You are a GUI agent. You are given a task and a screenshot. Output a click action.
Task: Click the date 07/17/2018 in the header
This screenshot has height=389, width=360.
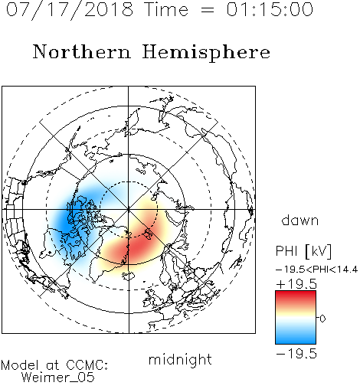coord(70,10)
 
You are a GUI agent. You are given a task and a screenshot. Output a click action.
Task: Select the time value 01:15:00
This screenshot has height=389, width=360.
coord(270,9)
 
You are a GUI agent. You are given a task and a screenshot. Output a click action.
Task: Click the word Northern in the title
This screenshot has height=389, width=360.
coord(82,51)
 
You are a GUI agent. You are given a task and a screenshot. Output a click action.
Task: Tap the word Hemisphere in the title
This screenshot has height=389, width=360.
coord(206,53)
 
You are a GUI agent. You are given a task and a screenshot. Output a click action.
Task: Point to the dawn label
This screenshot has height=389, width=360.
coord(300,220)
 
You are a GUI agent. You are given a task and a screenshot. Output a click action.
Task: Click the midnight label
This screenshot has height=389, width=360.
coord(180,360)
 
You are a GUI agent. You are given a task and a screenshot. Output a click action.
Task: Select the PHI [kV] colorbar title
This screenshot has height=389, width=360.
coord(303,251)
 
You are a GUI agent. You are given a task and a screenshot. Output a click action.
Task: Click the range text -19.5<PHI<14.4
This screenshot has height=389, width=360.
coord(316,270)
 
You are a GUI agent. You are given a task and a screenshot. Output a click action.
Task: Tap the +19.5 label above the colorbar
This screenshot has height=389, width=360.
coord(296,284)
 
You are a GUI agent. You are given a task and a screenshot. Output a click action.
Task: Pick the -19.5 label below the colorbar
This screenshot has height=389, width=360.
coord(296,354)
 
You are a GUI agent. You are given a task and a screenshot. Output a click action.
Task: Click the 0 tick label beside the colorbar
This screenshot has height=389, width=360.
coord(322,319)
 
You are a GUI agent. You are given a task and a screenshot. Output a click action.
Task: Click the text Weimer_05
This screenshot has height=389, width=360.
coord(58,378)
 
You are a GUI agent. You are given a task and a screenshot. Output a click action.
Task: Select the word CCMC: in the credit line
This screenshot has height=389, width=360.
coord(87,365)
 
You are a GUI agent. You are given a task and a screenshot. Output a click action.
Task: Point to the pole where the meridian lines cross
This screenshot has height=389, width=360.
coord(129,209)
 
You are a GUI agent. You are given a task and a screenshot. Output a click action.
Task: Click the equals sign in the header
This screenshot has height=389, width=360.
coord(208,10)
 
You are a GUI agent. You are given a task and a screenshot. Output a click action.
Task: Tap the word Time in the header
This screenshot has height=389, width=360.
coord(166,9)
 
